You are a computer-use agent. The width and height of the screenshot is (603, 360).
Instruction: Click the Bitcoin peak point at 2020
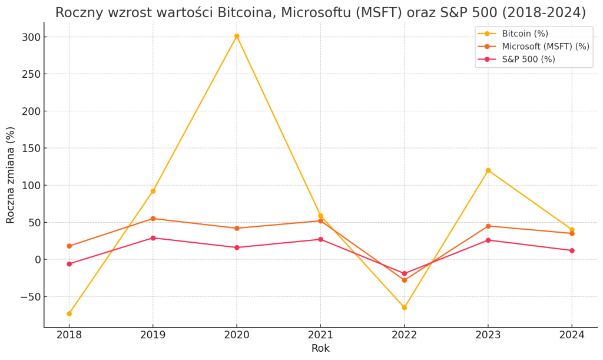237,36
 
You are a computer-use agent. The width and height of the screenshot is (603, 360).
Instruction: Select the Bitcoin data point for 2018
69,313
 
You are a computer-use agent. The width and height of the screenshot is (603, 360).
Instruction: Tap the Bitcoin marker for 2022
404,308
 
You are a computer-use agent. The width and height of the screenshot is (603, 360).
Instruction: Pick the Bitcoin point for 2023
488,170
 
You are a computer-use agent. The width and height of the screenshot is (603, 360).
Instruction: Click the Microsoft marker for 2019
153,219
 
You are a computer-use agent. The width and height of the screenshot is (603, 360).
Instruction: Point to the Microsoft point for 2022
404,280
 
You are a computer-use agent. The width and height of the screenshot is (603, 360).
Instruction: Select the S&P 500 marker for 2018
69,264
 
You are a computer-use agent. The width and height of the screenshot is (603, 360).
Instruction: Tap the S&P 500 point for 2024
572,250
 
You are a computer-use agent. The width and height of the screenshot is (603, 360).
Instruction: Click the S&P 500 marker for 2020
237,247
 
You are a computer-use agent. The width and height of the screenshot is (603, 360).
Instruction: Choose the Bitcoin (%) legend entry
524,34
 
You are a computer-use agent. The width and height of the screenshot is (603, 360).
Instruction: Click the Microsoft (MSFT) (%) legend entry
545,47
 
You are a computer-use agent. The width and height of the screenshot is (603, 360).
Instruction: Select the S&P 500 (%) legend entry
528,60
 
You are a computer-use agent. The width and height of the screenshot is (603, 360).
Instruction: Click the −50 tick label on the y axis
29,296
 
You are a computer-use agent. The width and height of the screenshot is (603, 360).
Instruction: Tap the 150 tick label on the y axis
31,148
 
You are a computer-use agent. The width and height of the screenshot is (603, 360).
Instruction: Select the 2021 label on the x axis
320,335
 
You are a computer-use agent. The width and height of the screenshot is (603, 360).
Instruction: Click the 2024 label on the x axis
572,335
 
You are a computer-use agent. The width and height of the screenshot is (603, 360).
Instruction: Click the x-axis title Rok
320,348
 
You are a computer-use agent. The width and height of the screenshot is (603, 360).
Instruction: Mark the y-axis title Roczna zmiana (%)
11,175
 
